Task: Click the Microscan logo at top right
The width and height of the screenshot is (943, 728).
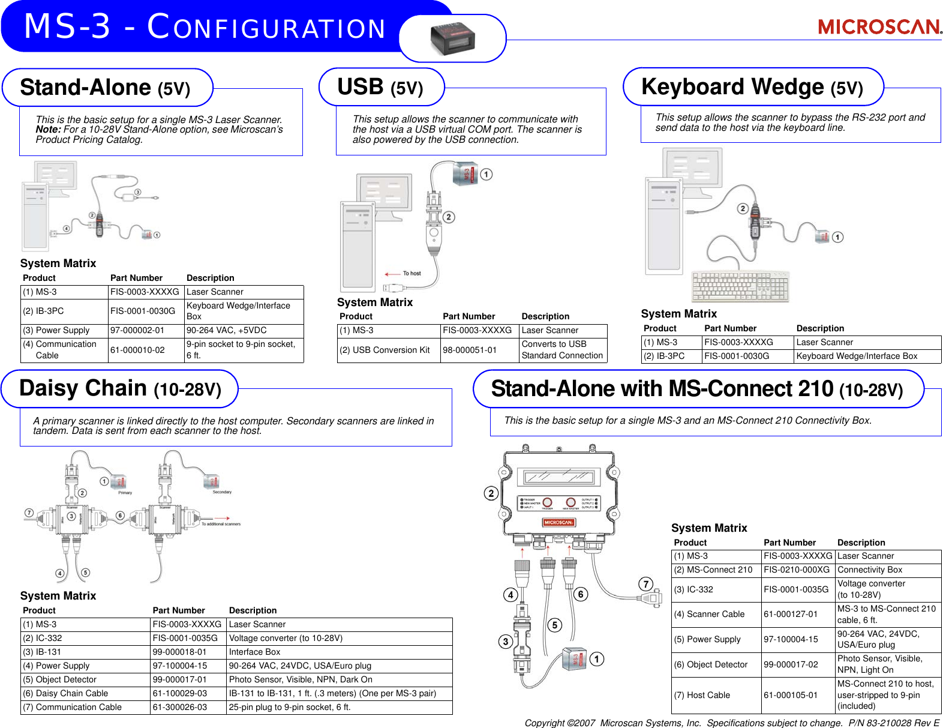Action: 879,26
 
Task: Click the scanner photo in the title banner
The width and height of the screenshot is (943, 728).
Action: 453,38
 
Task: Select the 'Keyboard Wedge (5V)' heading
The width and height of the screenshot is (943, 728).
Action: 752,87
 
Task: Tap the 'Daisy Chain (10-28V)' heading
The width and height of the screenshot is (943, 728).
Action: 120,389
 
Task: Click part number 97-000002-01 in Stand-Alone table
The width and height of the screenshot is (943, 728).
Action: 137,331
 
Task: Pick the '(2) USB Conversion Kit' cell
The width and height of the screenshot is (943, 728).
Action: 385,350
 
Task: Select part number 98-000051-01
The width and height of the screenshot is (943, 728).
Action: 470,350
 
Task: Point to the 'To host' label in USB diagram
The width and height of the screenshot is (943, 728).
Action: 412,274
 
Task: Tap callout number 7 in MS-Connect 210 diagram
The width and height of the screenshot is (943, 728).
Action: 645,584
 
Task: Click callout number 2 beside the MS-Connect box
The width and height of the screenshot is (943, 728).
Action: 491,493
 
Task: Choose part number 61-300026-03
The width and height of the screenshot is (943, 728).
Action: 179,707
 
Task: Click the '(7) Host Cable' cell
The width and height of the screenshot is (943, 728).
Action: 702,695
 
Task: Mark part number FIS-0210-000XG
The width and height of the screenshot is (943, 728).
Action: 797,570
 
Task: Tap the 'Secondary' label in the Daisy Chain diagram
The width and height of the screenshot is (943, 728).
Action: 222,492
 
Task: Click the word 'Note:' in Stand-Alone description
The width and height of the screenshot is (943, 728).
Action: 48,130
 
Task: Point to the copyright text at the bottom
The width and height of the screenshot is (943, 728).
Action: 731,723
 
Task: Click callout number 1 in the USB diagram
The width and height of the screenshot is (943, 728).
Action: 486,174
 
